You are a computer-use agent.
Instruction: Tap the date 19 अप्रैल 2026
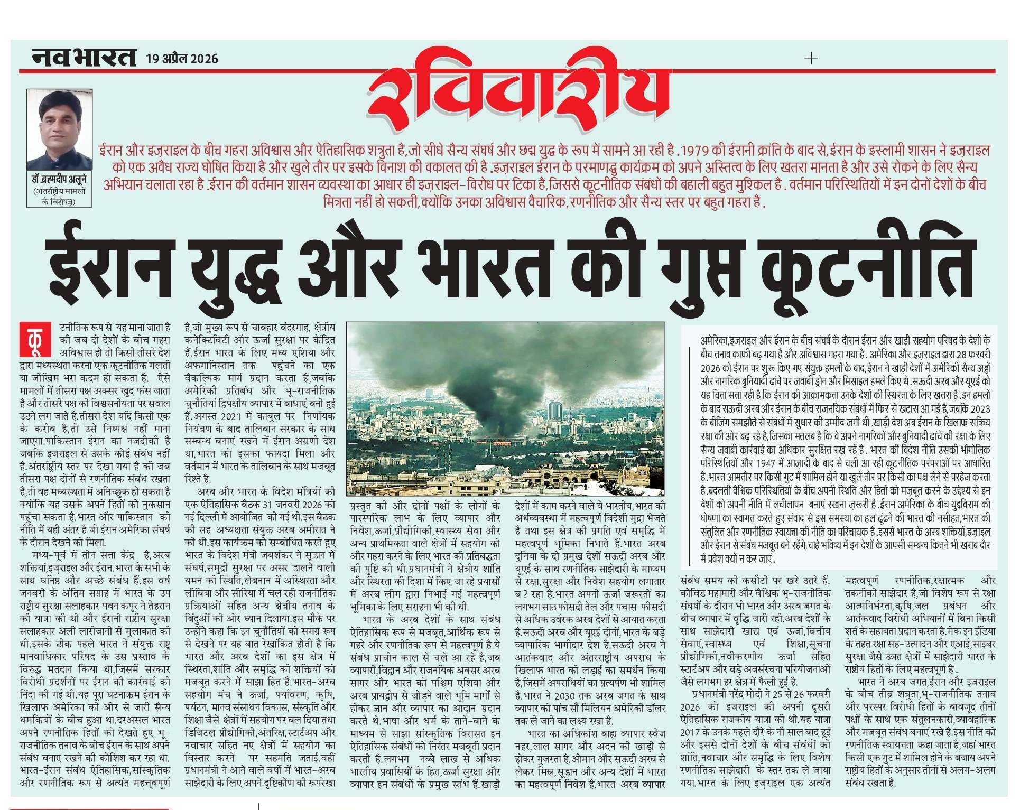182,59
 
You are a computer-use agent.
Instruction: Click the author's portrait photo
59,129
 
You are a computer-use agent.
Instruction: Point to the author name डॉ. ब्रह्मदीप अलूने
59,180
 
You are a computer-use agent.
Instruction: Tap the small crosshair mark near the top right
811,58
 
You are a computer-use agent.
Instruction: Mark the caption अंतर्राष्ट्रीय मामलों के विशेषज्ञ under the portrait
59,196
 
